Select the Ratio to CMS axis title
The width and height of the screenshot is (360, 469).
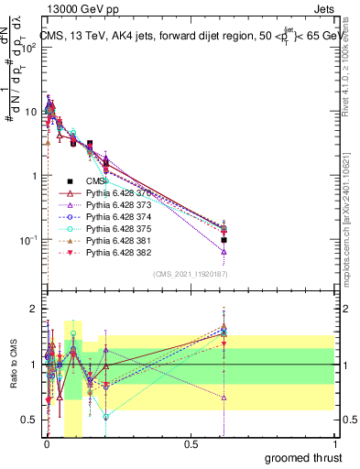click(x=13, y=365)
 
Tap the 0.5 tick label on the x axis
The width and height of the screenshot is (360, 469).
click(x=190, y=444)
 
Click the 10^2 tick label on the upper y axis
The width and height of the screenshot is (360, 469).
click(x=27, y=49)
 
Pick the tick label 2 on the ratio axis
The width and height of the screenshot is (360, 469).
click(x=33, y=309)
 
